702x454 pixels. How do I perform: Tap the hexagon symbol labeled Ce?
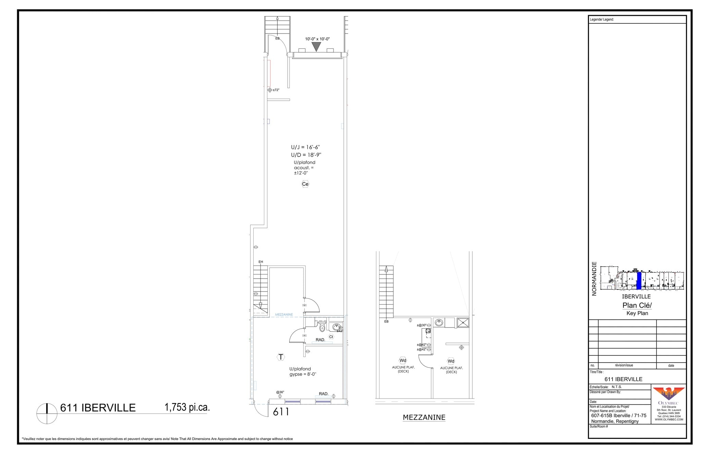[305, 184]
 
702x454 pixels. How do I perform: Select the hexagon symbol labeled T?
[281, 357]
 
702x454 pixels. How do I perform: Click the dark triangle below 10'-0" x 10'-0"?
[316, 47]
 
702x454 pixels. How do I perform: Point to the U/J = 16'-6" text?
[305, 147]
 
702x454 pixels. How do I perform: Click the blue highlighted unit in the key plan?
[639, 281]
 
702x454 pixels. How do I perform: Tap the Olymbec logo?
[668, 394]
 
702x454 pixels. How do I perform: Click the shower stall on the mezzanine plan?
[463, 322]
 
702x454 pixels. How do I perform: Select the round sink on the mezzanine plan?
[439, 322]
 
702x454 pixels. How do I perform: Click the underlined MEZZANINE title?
[424, 417]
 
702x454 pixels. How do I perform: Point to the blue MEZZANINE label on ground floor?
[284, 315]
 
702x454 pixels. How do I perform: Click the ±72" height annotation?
[276, 90]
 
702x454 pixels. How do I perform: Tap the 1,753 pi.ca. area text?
[187, 407]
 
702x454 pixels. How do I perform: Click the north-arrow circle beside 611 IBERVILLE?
[47, 414]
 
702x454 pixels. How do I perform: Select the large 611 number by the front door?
[281, 412]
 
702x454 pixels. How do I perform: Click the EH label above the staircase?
[261, 262]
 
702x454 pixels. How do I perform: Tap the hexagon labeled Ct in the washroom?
[331, 337]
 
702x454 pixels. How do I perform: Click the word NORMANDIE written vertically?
[594, 279]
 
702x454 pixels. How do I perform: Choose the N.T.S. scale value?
[617, 387]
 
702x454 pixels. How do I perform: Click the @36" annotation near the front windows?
[280, 392]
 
